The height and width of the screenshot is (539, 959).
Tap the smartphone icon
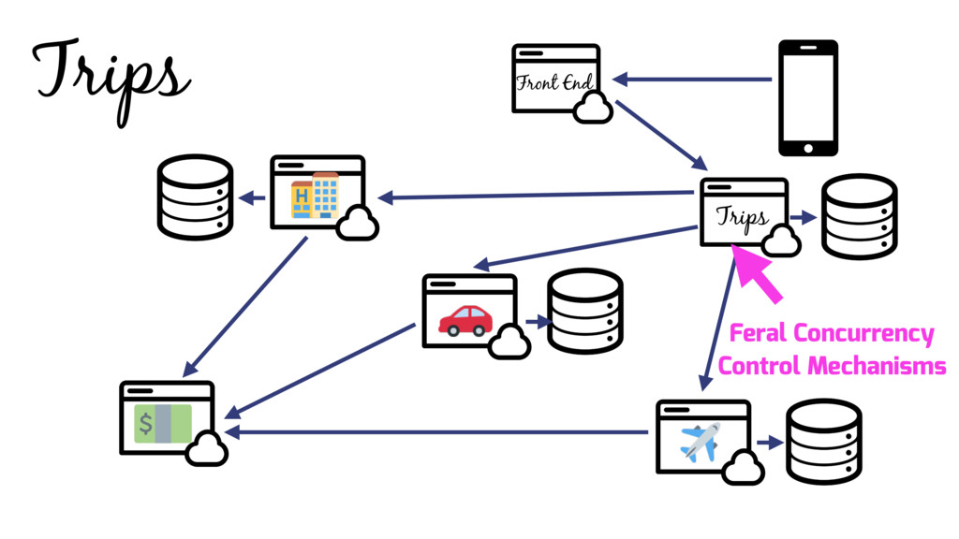[808, 97]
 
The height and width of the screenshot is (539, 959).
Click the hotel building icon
[315, 195]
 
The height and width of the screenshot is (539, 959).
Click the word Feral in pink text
[759, 333]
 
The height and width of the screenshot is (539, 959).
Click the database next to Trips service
[859, 216]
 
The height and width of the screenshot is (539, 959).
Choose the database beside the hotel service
[194, 197]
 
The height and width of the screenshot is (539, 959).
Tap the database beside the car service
[584, 312]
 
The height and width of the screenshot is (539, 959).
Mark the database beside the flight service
[823, 442]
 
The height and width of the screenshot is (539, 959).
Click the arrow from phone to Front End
[692, 80]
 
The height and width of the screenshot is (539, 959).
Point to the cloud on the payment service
[207, 451]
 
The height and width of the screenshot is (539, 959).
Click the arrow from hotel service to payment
[248, 303]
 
